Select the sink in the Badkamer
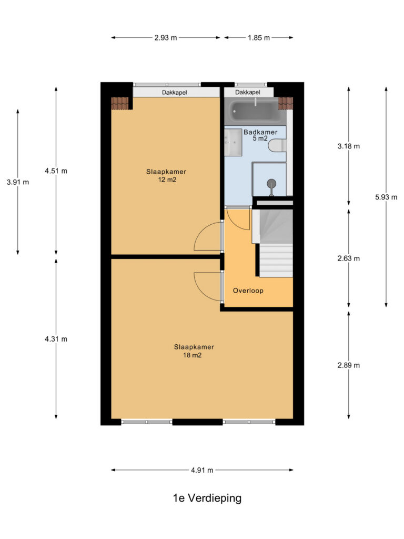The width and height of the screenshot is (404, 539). point(233,142)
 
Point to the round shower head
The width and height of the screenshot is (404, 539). point(272,183)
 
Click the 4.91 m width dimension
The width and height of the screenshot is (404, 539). point(202,470)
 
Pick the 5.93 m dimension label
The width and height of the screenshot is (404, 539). point(386,197)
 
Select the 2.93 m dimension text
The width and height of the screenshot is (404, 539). point(166,38)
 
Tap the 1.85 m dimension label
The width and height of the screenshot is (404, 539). point(259,38)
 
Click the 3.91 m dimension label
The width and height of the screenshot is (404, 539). point(18,182)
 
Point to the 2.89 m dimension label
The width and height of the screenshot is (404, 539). point(349,365)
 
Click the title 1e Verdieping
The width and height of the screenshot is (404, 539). point(207,498)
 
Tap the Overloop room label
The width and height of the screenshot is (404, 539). point(248,291)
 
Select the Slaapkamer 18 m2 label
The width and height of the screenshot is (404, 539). point(194,351)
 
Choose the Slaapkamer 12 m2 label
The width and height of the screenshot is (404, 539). point(166,175)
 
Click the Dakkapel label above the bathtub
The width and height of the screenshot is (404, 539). point(248,92)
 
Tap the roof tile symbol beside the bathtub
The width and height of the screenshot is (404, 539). point(286,103)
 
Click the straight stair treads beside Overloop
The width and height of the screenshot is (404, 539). point(276,260)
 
